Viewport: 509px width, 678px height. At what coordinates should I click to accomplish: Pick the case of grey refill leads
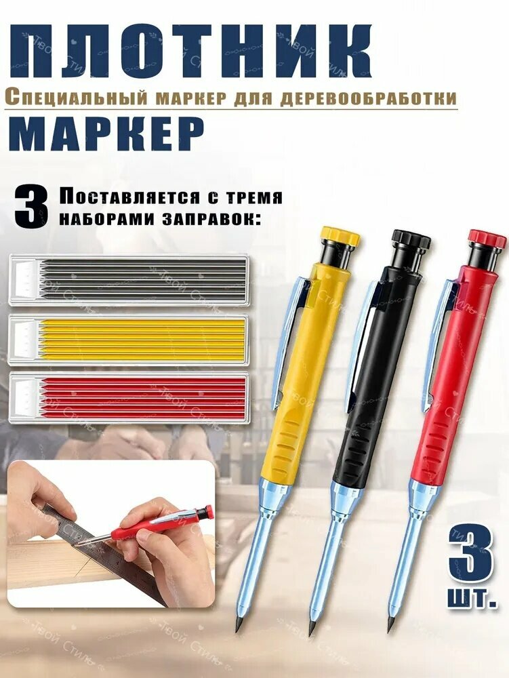point(129,279)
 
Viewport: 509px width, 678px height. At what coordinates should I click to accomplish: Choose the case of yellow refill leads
point(129,338)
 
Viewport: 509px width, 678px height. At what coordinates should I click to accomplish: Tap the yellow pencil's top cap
point(339,239)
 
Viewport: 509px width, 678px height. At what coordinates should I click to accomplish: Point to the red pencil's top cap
point(486,239)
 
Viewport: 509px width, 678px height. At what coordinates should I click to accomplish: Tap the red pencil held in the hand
point(142,527)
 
